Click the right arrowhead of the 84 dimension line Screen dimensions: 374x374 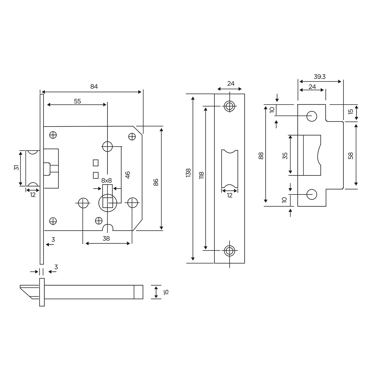tap(140, 92)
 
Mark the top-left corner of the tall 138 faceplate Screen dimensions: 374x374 tap(214, 94)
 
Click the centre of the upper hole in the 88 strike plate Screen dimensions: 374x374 tap(311, 116)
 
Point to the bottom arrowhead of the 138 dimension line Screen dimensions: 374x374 tap(193, 259)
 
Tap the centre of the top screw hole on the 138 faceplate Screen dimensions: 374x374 tap(230, 106)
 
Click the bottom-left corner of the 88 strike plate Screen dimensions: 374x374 tap(298, 206)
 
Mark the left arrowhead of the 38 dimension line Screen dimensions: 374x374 tap(87, 243)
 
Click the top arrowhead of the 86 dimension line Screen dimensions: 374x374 tap(161, 130)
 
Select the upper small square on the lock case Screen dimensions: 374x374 tap(95, 163)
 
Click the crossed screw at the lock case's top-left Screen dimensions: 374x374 tap(53, 135)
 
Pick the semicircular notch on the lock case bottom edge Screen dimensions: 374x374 tap(108, 228)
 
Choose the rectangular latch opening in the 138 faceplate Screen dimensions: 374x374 tap(230, 169)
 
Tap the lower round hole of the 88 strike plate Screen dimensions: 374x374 tap(311, 194)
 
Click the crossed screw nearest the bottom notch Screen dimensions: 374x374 tap(98, 220)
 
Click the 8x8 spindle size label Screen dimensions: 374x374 tap(107, 181)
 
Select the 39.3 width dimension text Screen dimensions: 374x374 tap(320, 77)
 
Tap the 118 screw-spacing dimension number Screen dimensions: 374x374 tap(201, 175)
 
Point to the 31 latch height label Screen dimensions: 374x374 tap(17, 167)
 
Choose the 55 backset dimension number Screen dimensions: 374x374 tap(77, 101)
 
